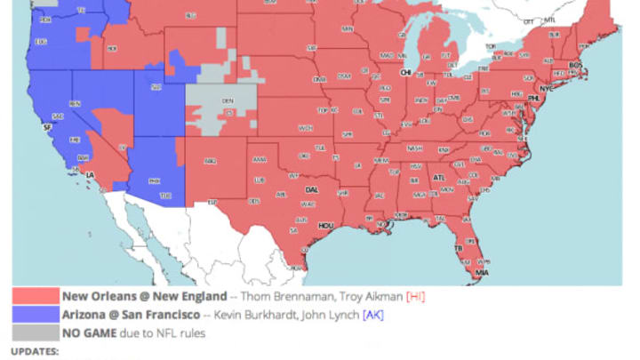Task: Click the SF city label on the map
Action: point(48,128)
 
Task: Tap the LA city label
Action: point(90,175)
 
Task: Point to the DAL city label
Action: point(312,189)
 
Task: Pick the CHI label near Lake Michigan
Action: point(406,72)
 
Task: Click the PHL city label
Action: point(534,99)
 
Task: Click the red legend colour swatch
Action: point(36,296)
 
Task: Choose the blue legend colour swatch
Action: point(36,315)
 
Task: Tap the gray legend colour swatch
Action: point(36,333)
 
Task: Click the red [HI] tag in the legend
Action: point(415,296)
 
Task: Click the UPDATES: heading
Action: point(36,352)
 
